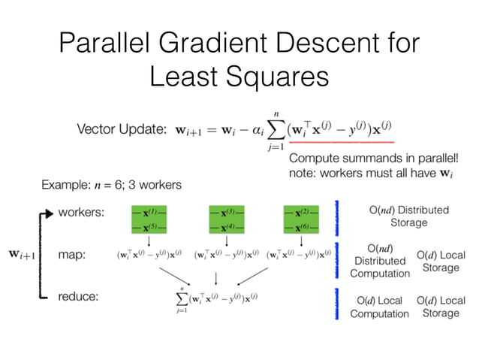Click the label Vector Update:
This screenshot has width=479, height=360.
(121, 130)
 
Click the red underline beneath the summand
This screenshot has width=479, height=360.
(341, 142)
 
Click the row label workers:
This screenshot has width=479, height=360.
(83, 213)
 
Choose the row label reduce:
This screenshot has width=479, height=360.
(79, 297)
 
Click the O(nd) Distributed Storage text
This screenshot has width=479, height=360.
(408, 216)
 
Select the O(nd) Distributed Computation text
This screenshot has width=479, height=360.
(378, 260)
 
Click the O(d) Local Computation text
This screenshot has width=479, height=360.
(379, 307)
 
